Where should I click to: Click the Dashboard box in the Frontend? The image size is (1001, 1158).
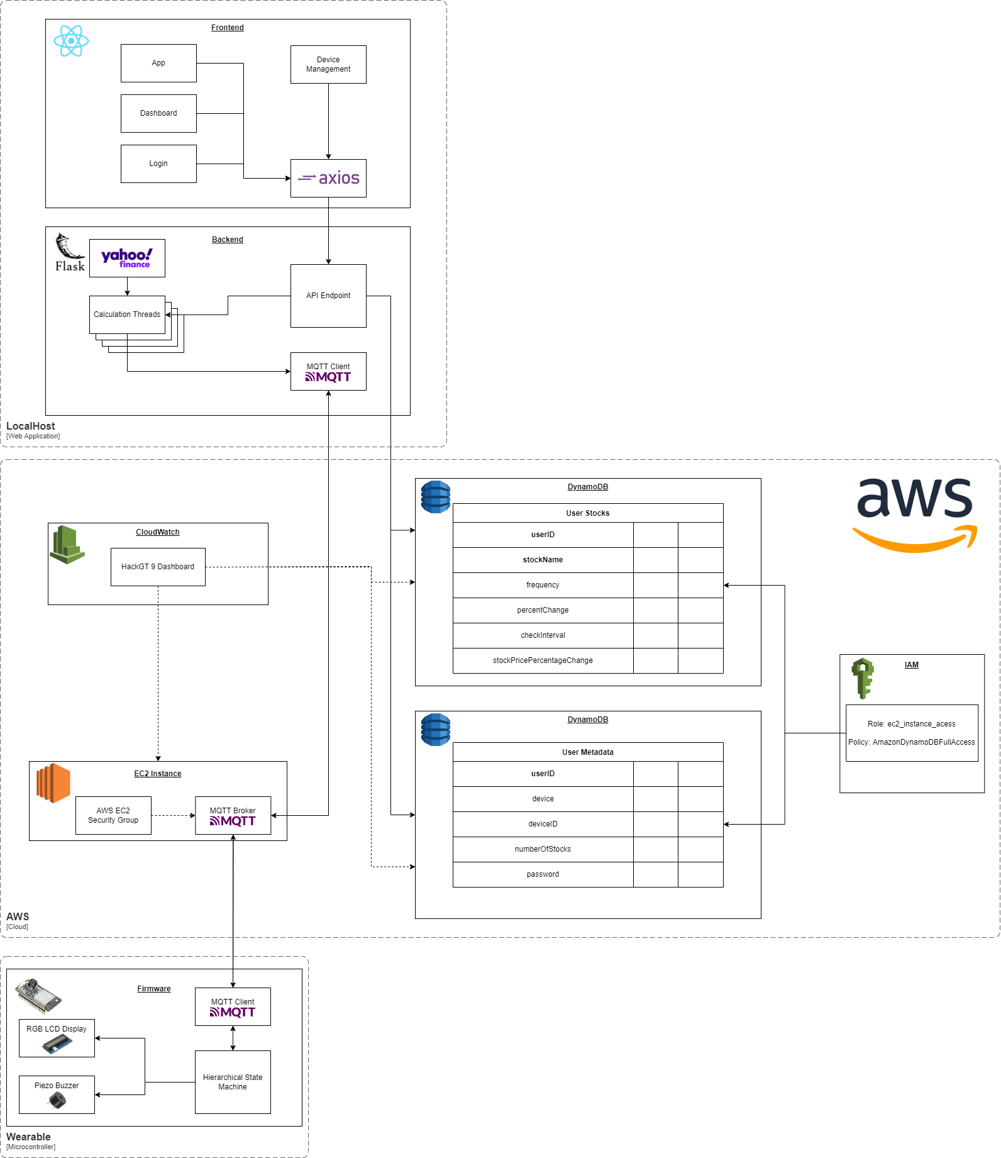point(158,113)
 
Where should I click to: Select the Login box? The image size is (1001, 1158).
point(158,164)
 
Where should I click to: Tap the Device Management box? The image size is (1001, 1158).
point(328,64)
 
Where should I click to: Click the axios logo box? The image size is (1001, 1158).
point(328,178)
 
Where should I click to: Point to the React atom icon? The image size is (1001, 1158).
point(71,41)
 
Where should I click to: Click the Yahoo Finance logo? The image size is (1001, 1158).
point(127,258)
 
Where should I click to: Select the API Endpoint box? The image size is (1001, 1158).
point(328,296)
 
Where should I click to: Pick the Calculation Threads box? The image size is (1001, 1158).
point(127,315)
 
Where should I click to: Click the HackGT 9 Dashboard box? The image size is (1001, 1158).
point(158,567)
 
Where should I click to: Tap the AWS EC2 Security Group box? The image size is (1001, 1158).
point(113,815)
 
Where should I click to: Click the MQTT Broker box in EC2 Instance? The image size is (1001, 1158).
point(233,815)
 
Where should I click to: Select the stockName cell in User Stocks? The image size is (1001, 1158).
point(543,560)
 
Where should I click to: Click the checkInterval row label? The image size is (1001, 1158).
point(543,635)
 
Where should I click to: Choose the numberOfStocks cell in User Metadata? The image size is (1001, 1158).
point(543,849)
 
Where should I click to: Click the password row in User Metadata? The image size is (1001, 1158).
point(543,874)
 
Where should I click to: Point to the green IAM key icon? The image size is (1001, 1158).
point(863,678)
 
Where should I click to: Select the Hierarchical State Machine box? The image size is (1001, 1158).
point(233,1082)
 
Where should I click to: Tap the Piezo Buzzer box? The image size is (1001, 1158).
point(57,1094)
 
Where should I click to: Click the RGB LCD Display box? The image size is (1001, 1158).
point(57,1038)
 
